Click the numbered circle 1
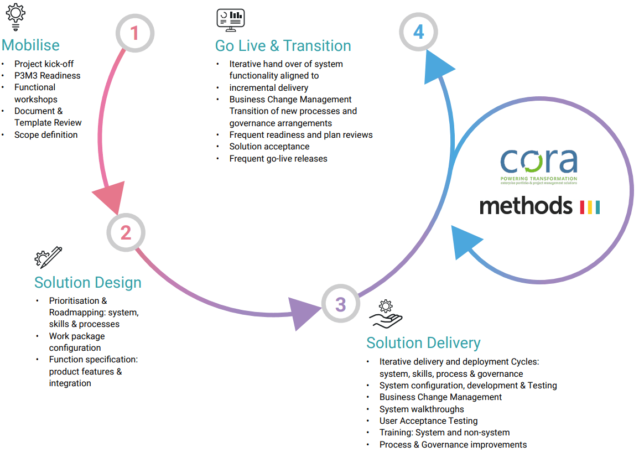pos(134,34)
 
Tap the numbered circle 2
pos(126,232)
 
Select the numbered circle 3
pos(340,304)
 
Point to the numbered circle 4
pos(418,32)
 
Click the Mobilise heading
pos(31,45)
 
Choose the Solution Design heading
pos(88,283)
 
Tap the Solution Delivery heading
pos(423,343)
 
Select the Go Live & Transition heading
pos(283,45)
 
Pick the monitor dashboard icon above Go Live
pos(230,20)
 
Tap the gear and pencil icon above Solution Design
pos(48,258)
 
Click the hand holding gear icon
pos(386,314)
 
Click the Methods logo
pos(539,205)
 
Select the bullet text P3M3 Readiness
pos(48,76)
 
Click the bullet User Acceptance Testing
pos(428,421)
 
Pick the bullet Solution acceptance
pos(269,147)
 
